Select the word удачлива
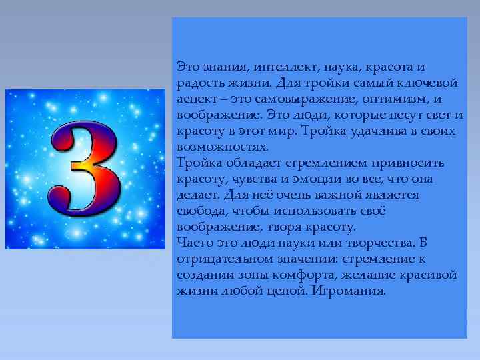coord(375,131)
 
